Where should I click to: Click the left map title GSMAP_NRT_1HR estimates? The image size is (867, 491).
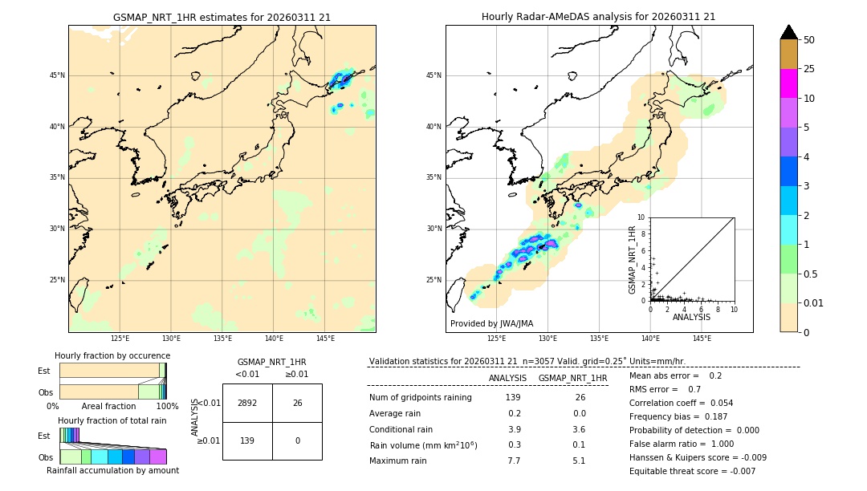[x=222, y=17]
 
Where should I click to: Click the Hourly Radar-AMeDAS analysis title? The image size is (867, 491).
[x=599, y=17]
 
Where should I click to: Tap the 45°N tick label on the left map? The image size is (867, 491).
[x=58, y=75]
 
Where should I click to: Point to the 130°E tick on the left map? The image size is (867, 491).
[x=171, y=339]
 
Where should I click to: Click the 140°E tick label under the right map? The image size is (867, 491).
[x=650, y=339]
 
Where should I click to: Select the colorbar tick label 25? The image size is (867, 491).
[x=810, y=69]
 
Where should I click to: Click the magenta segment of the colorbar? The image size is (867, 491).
[x=789, y=83]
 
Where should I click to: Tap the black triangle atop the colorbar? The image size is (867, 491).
[x=789, y=32]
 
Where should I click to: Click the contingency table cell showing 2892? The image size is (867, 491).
[x=247, y=403]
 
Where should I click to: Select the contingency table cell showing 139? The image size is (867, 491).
[x=247, y=441]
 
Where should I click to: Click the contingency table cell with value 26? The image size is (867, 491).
[x=297, y=403]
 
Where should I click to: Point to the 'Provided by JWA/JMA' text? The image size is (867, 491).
[x=491, y=323]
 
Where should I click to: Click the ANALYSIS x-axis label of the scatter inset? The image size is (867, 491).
[x=691, y=317]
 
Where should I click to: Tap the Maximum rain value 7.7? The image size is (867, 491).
[x=514, y=461]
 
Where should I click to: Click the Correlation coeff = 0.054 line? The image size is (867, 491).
[x=681, y=403]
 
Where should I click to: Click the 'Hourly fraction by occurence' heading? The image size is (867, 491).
[x=112, y=355]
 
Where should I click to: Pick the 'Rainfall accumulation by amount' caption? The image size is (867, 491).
[x=112, y=471]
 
